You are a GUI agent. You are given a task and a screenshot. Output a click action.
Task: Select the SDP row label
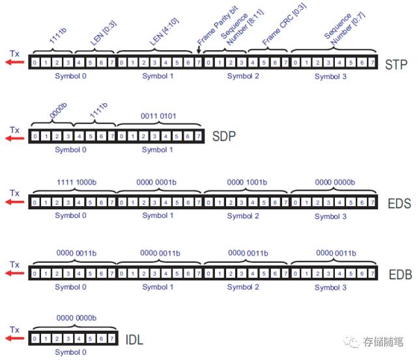click(223, 137)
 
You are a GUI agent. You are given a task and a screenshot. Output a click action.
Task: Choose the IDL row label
click(134, 340)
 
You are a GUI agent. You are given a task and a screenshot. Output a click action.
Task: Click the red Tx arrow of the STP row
click(14, 63)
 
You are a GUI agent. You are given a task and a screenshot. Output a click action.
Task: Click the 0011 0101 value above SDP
click(159, 116)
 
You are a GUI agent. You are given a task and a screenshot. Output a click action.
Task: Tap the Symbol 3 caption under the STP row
click(332, 77)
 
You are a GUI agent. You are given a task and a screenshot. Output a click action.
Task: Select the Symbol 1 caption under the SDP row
click(158, 149)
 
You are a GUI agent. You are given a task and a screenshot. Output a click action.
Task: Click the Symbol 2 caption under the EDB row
click(246, 287)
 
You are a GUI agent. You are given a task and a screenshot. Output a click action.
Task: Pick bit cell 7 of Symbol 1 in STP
click(198, 63)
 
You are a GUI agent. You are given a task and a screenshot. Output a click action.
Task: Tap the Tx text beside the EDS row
click(14, 192)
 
